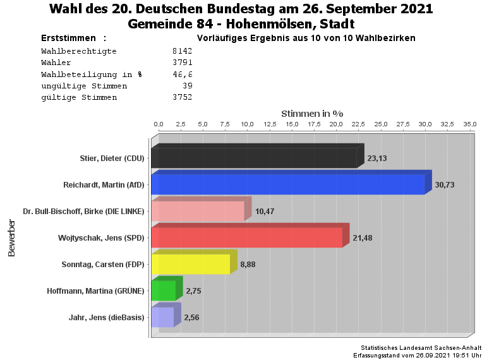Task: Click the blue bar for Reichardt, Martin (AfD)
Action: [287, 184]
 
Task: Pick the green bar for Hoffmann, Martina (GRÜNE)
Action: [164, 291]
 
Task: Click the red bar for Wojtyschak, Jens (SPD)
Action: [247, 237]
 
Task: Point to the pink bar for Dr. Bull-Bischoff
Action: [198, 211]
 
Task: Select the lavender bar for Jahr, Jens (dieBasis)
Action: [162, 317]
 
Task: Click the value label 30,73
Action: [445, 184]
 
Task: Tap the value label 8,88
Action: [248, 264]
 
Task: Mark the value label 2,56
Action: [191, 317]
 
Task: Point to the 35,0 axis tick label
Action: [469, 124]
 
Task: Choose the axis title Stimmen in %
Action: [312, 113]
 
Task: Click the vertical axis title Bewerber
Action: [11, 237]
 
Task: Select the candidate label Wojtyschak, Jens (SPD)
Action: [102, 237]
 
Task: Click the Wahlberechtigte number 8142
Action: [182, 51]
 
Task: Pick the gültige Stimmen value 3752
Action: [182, 97]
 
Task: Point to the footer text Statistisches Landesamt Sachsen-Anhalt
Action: [420, 348]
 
